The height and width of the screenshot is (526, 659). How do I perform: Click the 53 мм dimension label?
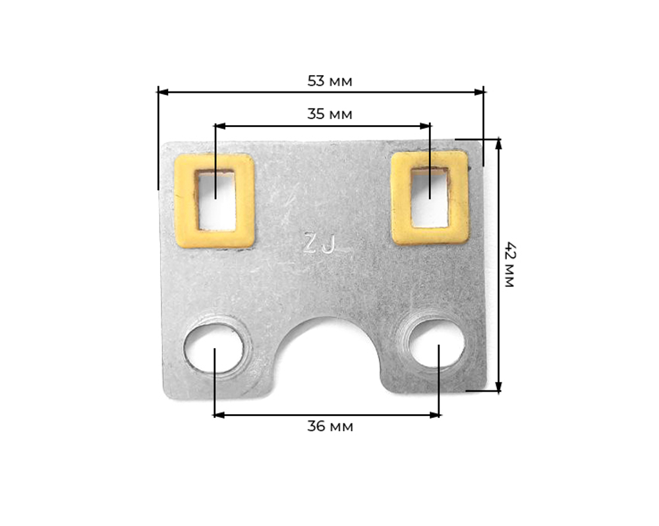pos(329,81)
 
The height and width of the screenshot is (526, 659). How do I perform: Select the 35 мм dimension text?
pos(329,114)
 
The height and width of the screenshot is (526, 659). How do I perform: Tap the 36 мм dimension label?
pos(329,426)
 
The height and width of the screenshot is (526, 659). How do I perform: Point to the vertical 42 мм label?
pos(509,265)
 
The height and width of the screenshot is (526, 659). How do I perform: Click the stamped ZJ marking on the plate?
pos(320,244)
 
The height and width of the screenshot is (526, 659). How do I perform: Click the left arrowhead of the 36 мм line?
pos(218,415)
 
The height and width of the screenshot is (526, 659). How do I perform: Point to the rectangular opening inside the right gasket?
pos(430,197)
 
